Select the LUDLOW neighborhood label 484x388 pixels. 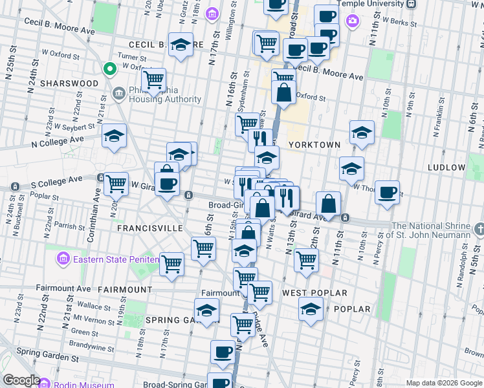point(446,167)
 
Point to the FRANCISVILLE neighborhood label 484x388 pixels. point(144,228)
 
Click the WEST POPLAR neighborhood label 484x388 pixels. point(314,293)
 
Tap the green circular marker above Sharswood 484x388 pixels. point(110,68)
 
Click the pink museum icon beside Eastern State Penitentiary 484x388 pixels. point(63,260)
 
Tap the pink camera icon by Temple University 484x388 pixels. point(352,21)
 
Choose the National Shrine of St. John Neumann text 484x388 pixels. point(430,230)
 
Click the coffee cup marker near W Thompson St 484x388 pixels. point(387,193)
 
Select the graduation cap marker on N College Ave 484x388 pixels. point(115,136)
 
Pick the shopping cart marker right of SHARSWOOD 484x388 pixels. point(153,81)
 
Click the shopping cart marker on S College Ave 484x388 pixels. point(116,184)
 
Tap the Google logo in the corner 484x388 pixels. point(21,380)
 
